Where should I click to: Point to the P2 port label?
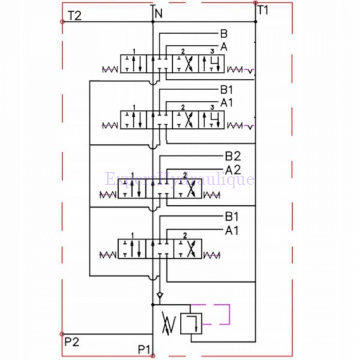click(x=71, y=342)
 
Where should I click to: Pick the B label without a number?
click(x=224, y=34)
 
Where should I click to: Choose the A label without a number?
click(x=224, y=46)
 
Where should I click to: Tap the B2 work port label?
click(x=232, y=158)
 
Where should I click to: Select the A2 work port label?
click(x=232, y=170)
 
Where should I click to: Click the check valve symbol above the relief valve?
click(x=159, y=296)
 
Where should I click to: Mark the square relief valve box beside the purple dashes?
click(x=195, y=323)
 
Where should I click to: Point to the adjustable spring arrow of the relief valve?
click(x=170, y=325)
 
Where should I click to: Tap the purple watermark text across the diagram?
click(x=179, y=179)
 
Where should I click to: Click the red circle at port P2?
click(x=62, y=334)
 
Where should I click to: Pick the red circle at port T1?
click(x=256, y=3)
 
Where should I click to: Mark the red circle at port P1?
click(x=153, y=356)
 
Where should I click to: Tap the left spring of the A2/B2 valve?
click(x=109, y=194)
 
